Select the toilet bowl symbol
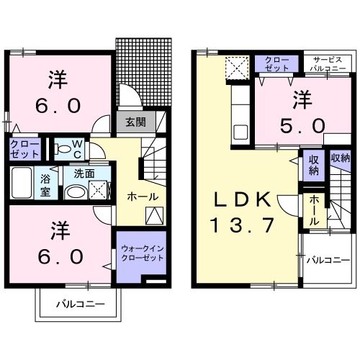click(63, 149)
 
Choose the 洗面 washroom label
click(84, 174)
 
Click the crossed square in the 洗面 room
click(98, 191)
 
